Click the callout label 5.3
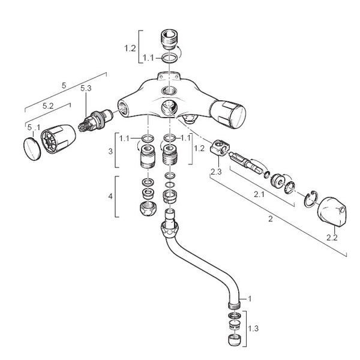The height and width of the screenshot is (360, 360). pyautogui.click(x=85, y=88)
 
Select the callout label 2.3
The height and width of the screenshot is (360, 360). pyautogui.click(x=217, y=172)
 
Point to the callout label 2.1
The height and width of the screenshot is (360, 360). pyautogui.click(x=259, y=195)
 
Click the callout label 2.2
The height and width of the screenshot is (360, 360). pyautogui.click(x=332, y=237)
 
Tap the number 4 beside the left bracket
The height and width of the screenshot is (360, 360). pyautogui.click(x=109, y=196)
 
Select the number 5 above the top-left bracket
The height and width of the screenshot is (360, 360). pyautogui.click(x=64, y=85)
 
